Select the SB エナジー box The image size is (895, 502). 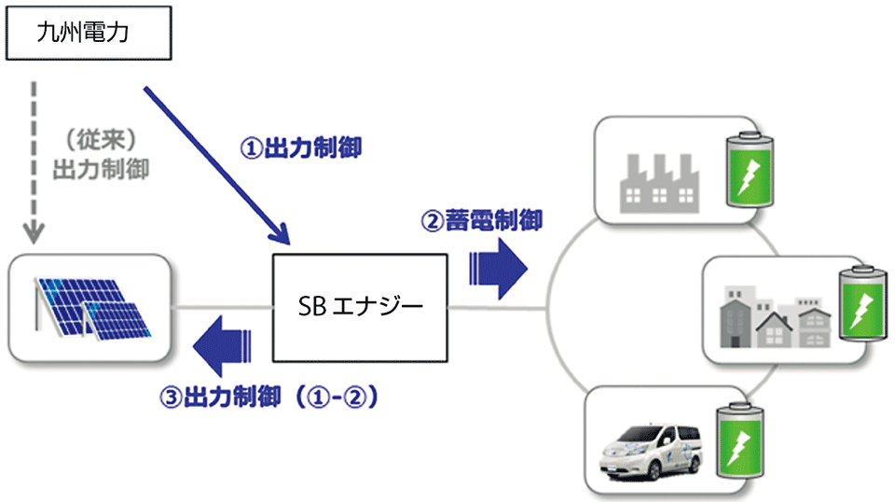click(359, 306)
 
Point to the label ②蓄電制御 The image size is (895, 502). click(482, 221)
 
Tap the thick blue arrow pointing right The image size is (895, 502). click(500, 267)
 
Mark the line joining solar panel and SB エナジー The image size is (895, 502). click(221, 307)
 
